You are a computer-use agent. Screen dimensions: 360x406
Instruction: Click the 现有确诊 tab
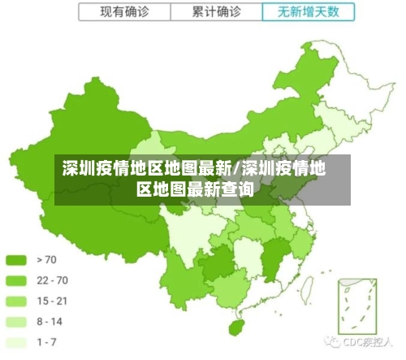[x=124, y=12]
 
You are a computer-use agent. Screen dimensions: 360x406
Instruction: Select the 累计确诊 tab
[x=217, y=12]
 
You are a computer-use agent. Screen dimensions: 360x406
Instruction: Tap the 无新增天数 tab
[x=309, y=12]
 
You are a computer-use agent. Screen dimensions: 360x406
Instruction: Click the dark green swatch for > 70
[x=16, y=260]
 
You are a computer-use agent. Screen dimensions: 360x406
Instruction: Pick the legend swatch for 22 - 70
[x=16, y=280]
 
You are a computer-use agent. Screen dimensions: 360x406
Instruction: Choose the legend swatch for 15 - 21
[x=16, y=301]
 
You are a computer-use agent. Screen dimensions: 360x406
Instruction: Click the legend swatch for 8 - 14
[x=16, y=322]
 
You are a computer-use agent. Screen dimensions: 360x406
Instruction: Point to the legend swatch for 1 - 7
[x=16, y=342]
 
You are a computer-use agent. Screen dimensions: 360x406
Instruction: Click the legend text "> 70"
[x=47, y=260]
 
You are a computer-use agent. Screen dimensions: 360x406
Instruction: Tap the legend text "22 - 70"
[x=52, y=280]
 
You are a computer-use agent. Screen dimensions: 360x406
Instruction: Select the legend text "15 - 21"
[x=52, y=301]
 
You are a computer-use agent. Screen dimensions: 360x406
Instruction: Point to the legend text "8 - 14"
[x=50, y=322]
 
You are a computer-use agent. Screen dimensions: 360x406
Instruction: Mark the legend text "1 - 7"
[x=47, y=342]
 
